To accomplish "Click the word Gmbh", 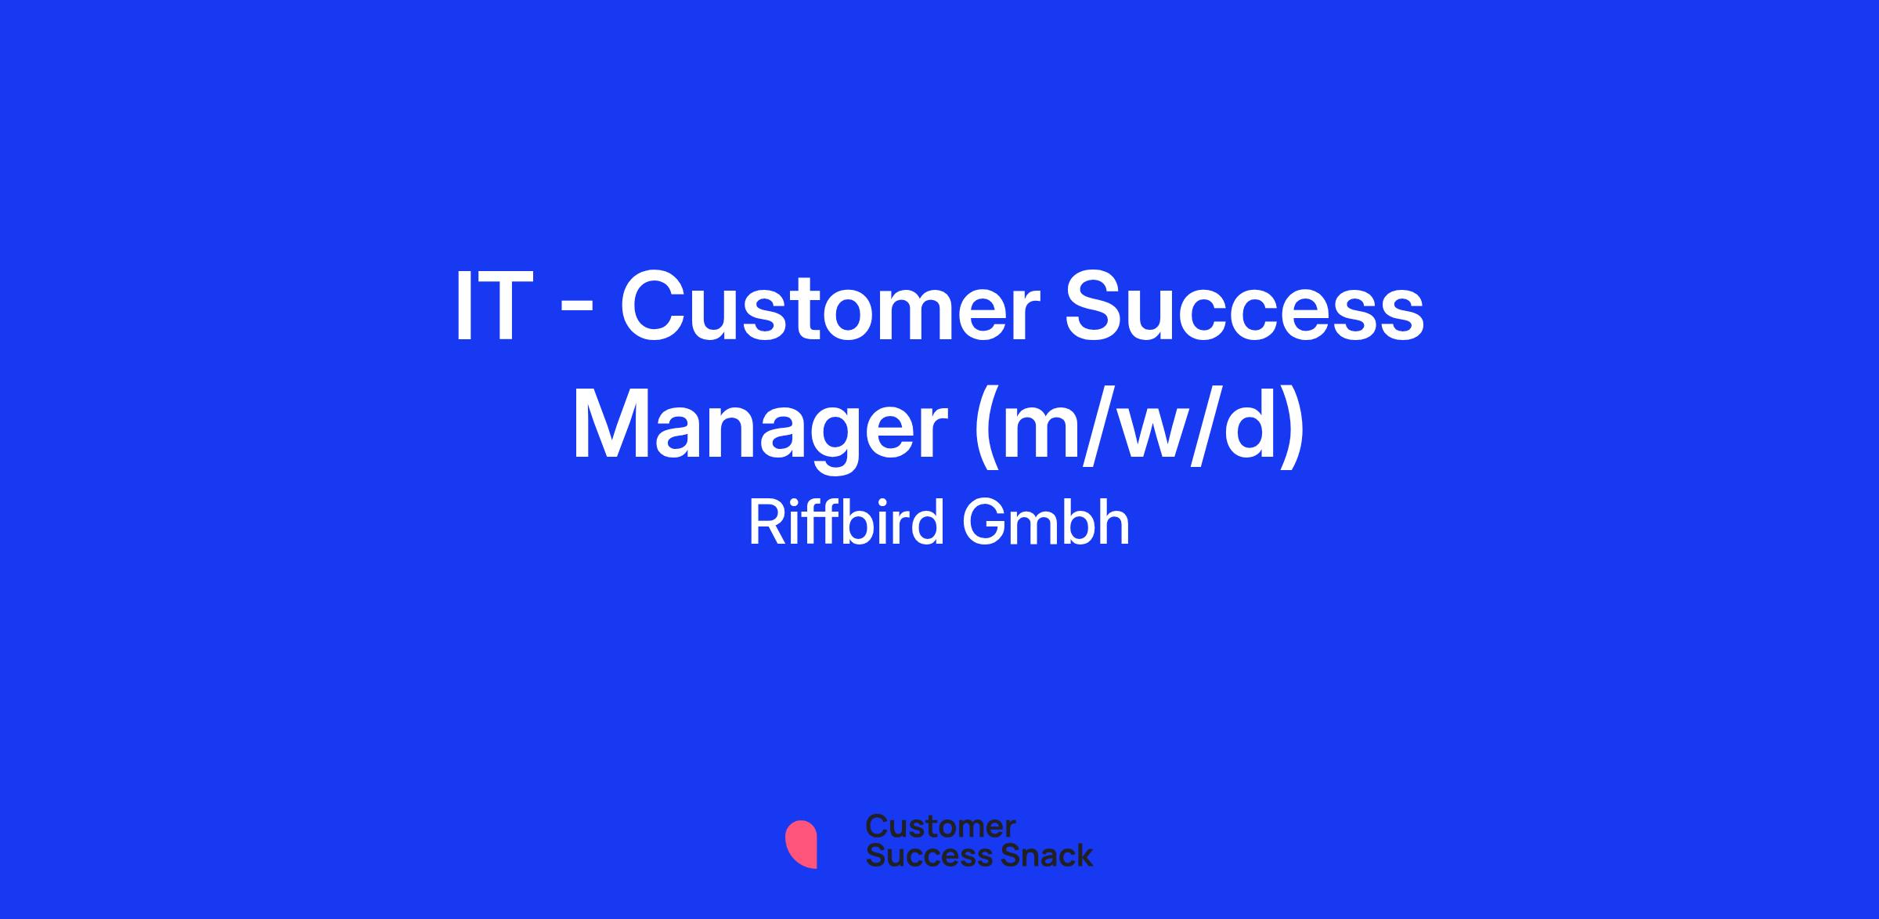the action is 1046,523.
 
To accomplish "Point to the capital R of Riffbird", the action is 766,523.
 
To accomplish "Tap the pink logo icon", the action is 801,844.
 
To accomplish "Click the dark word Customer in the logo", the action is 940,827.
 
